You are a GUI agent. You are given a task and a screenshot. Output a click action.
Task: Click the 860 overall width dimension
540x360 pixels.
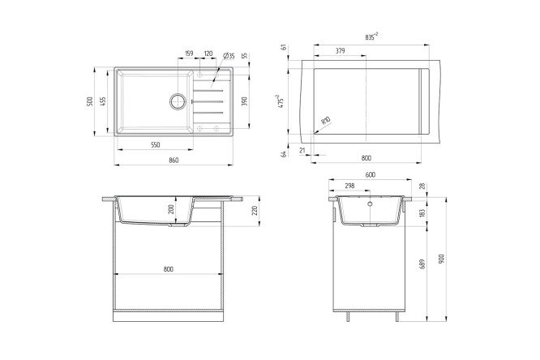[174, 160]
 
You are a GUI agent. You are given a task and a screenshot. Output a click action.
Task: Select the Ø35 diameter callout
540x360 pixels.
[229, 56]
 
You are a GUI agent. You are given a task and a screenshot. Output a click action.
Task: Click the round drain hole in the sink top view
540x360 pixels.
[178, 101]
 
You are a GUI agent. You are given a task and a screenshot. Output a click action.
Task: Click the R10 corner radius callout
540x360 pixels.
[325, 122]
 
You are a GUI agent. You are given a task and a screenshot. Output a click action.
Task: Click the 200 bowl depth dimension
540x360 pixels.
[169, 209]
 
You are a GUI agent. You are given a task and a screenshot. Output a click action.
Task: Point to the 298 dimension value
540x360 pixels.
[350, 186]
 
